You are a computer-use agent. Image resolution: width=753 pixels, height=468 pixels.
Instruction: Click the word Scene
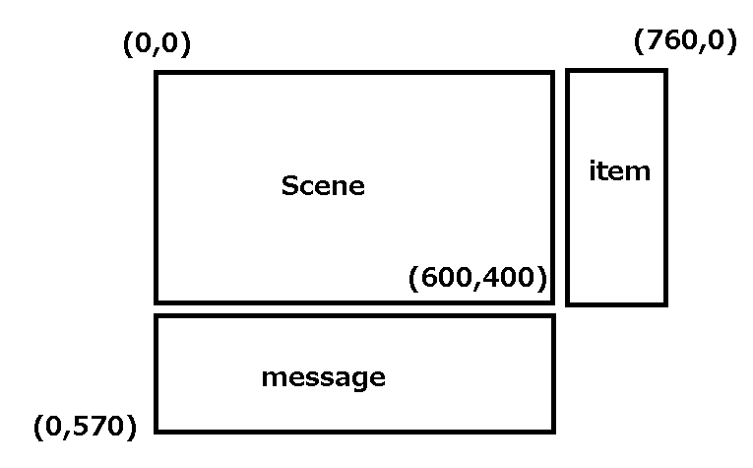(323, 185)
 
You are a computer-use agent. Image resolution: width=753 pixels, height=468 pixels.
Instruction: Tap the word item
(619, 170)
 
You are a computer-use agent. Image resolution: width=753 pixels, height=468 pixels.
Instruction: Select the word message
(323, 376)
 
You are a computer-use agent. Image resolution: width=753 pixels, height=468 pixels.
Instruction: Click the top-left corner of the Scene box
(157, 73)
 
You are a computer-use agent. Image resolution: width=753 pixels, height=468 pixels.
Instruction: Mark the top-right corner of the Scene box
(552, 73)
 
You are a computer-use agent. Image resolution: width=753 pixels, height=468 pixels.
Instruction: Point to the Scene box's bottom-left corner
(157, 301)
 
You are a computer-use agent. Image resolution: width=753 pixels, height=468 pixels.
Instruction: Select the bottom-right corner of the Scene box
(552, 301)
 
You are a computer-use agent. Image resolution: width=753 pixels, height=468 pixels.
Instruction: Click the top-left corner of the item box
(568, 71)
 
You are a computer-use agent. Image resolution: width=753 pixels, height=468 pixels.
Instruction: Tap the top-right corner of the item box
(665, 71)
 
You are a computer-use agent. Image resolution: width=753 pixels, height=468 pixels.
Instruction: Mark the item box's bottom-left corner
(568, 303)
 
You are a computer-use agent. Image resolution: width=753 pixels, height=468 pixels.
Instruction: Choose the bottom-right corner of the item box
(665, 303)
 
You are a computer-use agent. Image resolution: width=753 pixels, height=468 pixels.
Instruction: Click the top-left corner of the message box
(157, 316)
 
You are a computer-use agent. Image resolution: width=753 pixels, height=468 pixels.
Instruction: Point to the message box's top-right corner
(553, 316)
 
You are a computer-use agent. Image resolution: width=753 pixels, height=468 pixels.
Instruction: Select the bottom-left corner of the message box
(157, 431)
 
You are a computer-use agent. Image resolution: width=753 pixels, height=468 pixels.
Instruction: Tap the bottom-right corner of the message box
(553, 431)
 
